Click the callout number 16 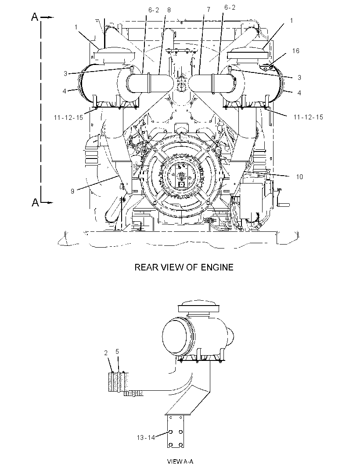click(x=295, y=51)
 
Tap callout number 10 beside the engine click(x=299, y=176)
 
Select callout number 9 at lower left click(x=72, y=191)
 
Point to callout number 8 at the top click(x=169, y=10)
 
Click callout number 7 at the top click(x=209, y=10)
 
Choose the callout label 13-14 click(x=146, y=438)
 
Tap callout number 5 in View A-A click(x=117, y=352)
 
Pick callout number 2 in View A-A click(x=106, y=353)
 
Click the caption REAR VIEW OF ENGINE click(x=184, y=267)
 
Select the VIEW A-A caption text click(x=180, y=461)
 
